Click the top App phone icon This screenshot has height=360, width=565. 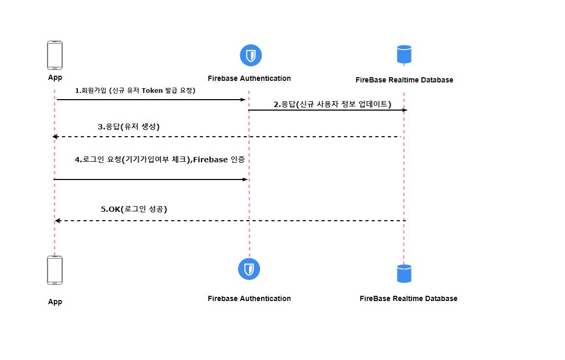click(x=55, y=55)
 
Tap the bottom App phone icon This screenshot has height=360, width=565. click(x=55, y=270)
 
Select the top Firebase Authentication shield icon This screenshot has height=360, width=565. click(x=250, y=55)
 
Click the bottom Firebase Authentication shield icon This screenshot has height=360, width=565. click(x=249, y=269)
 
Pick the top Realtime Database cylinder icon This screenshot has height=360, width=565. click(x=404, y=54)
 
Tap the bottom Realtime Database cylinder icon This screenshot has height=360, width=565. click(x=404, y=273)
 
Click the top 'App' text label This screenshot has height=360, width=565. click(x=55, y=78)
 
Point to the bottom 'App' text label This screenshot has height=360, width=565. click(x=55, y=302)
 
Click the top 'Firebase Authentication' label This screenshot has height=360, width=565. click(x=249, y=78)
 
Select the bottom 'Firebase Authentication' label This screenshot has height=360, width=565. click(x=249, y=298)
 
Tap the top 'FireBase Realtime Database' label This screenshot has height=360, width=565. click(x=404, y=80)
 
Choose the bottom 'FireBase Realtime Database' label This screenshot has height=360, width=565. click(x=408, y=298)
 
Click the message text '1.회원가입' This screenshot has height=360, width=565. click(x=90, y=90)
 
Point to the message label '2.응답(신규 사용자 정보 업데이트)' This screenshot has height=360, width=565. click(x=332, y=104)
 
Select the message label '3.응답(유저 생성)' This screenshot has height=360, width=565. click(x=128, y=126)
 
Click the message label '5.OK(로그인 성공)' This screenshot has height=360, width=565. click(x=134, y=209)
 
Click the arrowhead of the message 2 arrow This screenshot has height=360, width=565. click(x=405, y=110)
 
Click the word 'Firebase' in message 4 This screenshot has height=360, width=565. click(x=211, y=160)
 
